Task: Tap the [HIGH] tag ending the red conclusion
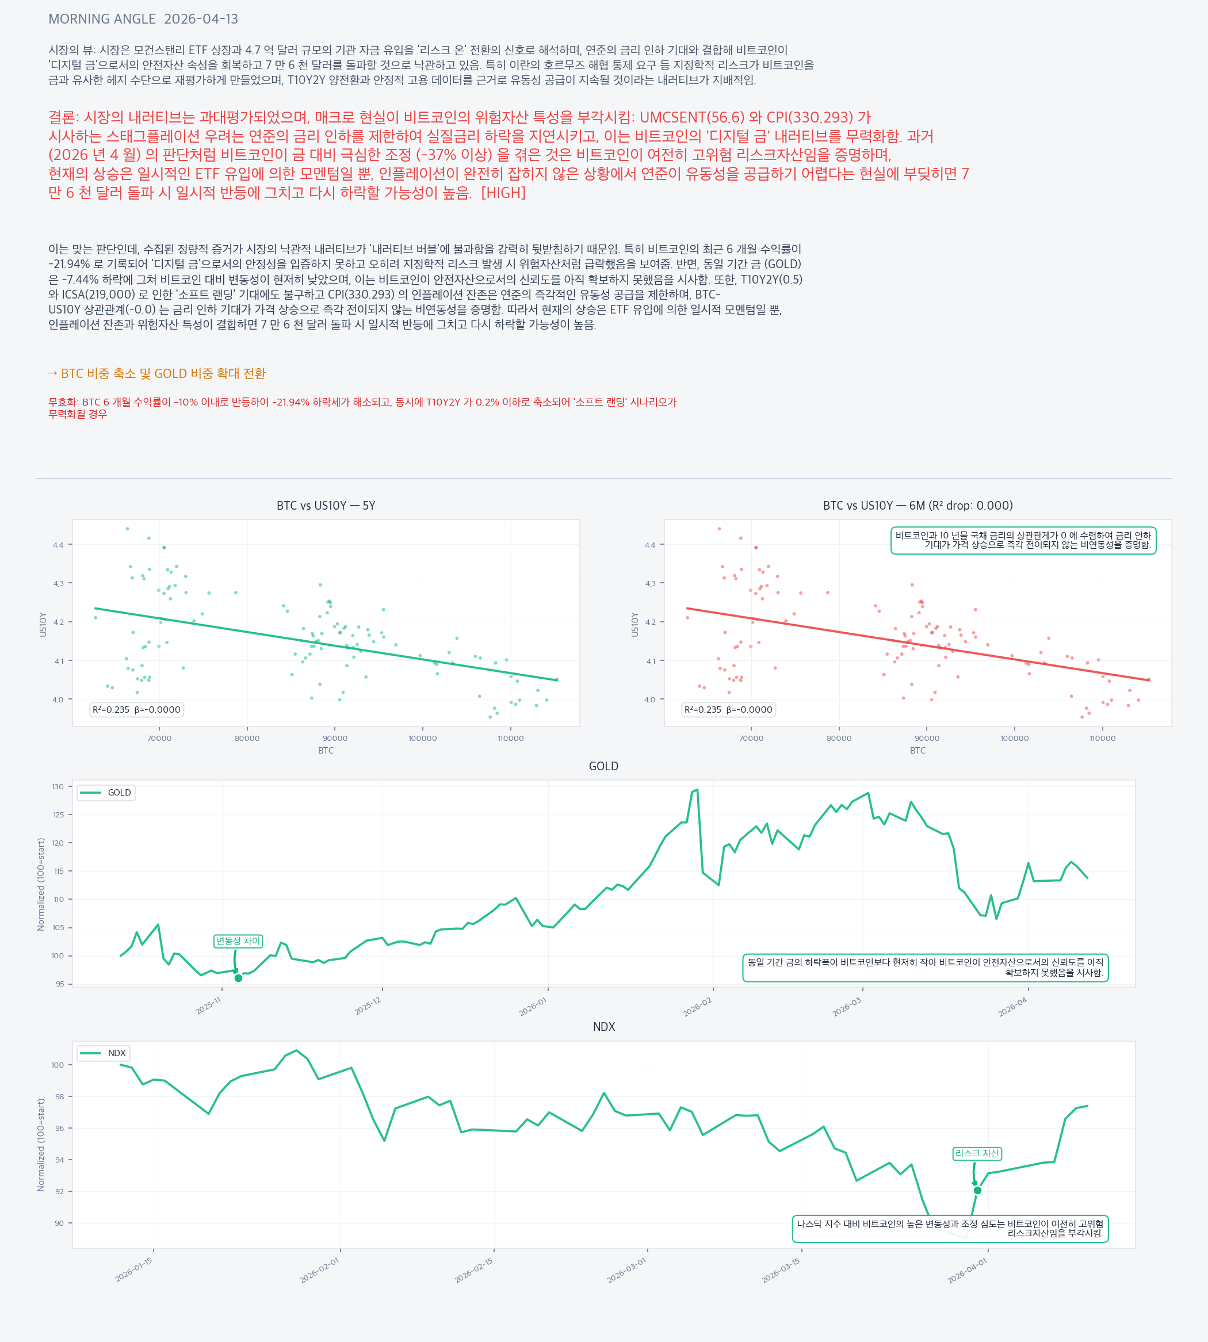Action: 503,193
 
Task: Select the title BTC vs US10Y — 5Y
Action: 326,506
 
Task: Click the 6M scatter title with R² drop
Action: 918,506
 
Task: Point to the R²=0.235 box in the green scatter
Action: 137,709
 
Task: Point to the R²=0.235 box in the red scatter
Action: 728,709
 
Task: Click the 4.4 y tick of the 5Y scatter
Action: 59,545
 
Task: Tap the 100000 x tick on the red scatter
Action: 1014,738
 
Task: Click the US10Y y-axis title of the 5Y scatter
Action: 43,625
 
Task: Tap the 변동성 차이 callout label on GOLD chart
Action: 238,941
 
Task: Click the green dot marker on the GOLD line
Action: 238,978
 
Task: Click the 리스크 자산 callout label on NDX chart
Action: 976,1153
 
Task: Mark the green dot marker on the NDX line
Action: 977,1191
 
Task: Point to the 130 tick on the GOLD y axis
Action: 59,786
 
